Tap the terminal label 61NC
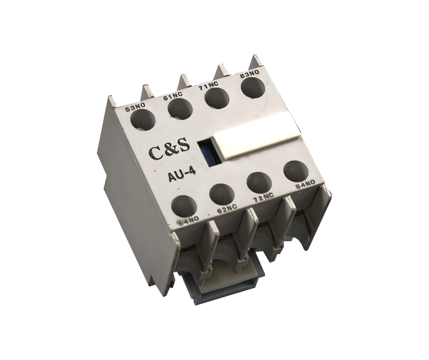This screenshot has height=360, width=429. pyautogui.click(x=173, y=97)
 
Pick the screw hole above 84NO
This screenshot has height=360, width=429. pyautogui.click(x=296, y=171)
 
